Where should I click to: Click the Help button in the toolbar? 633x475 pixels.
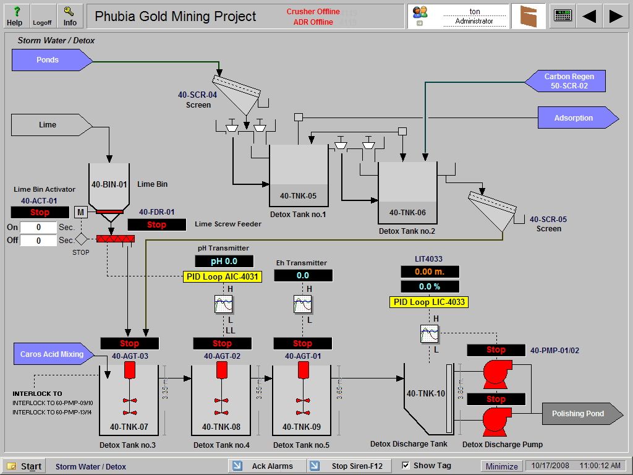15,16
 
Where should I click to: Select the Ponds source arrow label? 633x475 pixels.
48,60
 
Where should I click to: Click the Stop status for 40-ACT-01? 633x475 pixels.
40,212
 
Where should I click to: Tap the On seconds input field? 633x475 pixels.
38,227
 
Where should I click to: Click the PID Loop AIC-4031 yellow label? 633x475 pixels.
223,276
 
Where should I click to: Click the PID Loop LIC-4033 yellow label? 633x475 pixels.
428,302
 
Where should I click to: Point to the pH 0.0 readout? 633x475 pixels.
224,261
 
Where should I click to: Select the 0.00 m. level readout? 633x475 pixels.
430,272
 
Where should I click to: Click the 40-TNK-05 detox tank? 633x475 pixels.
299,176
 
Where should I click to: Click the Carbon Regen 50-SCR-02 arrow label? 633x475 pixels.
569,81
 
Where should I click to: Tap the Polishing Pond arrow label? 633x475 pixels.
578,414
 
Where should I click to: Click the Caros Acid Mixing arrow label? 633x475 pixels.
52,354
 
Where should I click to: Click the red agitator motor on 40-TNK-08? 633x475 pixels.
223,370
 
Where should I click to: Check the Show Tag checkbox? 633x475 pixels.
406,465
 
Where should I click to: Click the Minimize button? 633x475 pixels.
501,466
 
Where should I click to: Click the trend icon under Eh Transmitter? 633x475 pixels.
302,304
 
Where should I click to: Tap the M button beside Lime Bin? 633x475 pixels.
80,212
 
